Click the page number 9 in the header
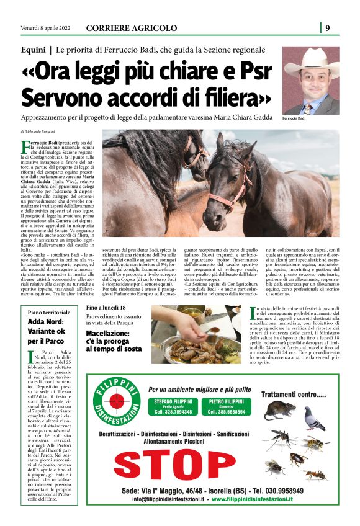pyautogui.click(x=328, y=27)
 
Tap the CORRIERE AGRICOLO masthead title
pyautogui.click(x=131, y=28)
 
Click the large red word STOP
pyautogui.click(x=184, y=465)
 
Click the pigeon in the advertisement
pyautogui.click(x=317, y=417)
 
